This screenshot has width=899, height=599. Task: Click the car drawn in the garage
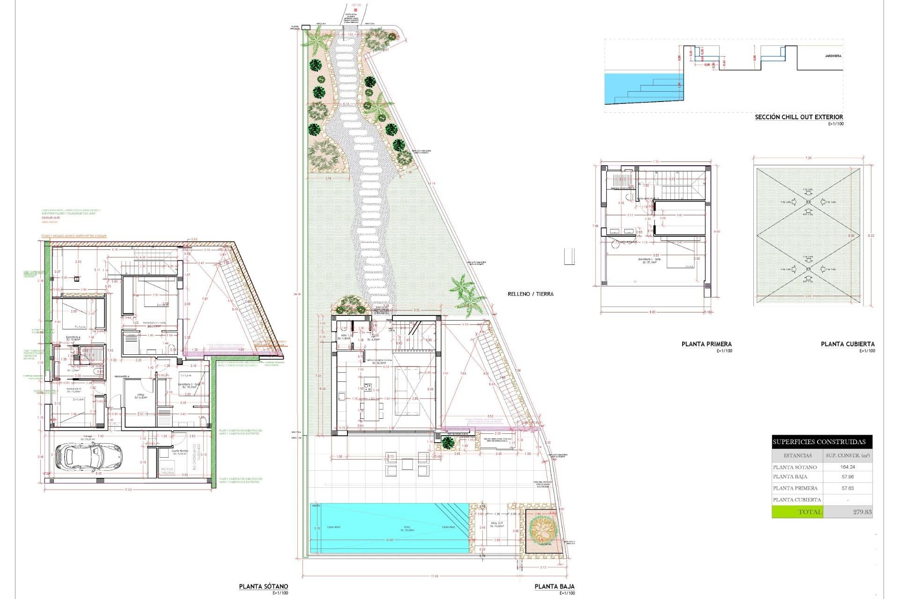(88, 457)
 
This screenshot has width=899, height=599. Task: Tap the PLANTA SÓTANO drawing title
(263, 586)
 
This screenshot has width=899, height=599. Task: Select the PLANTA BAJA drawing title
(554, 586)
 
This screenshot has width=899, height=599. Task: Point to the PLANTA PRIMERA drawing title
(706, 344)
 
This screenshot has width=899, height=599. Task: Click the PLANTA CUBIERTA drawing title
(847, 344)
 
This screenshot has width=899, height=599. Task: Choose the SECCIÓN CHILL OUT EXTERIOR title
(798, 117)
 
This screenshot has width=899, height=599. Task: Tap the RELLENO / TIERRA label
(531, 294)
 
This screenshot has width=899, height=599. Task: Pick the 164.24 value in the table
(847, 467)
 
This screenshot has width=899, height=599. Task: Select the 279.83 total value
(862, 512)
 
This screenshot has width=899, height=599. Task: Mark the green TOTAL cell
(797, 512)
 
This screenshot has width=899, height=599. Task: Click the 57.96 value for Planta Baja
(847, 477)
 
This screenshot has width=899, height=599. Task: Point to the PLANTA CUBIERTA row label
(797, 500)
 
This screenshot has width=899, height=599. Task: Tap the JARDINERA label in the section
(833, 56)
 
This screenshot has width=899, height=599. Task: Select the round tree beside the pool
(542, 529)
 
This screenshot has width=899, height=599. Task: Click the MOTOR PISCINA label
(167, 471)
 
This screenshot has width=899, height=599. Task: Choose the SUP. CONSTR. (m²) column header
(847, 455)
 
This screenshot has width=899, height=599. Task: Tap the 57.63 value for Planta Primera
(847, 488)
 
